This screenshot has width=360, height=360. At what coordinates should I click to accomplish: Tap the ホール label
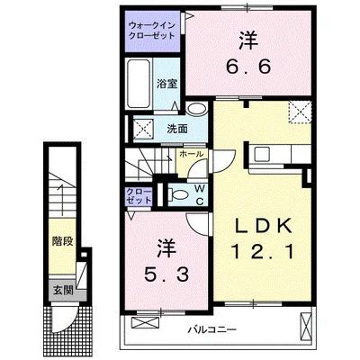[x=189, y=154]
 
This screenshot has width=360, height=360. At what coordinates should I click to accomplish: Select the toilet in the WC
[x=177, y=193]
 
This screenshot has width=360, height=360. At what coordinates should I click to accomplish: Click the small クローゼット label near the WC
[x=139, y=195]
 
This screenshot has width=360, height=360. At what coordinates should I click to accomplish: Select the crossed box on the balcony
[x=307, y=321]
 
